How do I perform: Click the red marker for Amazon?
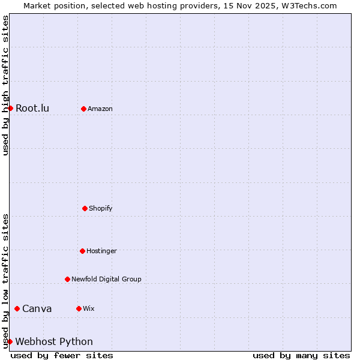83,109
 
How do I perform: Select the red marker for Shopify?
85,208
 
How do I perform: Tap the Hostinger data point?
82,251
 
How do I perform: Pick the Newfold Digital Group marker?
67,279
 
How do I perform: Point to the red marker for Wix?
79,308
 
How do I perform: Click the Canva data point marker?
17,308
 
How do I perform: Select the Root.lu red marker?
10,108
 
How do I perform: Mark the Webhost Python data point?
10,341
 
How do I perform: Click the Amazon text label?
100,109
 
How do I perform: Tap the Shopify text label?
101,208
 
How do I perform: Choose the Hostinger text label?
101,251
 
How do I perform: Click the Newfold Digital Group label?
106,279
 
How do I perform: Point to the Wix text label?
89,308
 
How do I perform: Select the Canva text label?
37,309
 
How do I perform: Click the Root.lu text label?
32,109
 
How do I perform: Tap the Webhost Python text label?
54,342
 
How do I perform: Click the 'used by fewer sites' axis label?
62,355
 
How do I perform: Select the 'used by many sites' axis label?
301,355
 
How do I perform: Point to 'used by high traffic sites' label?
5,85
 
